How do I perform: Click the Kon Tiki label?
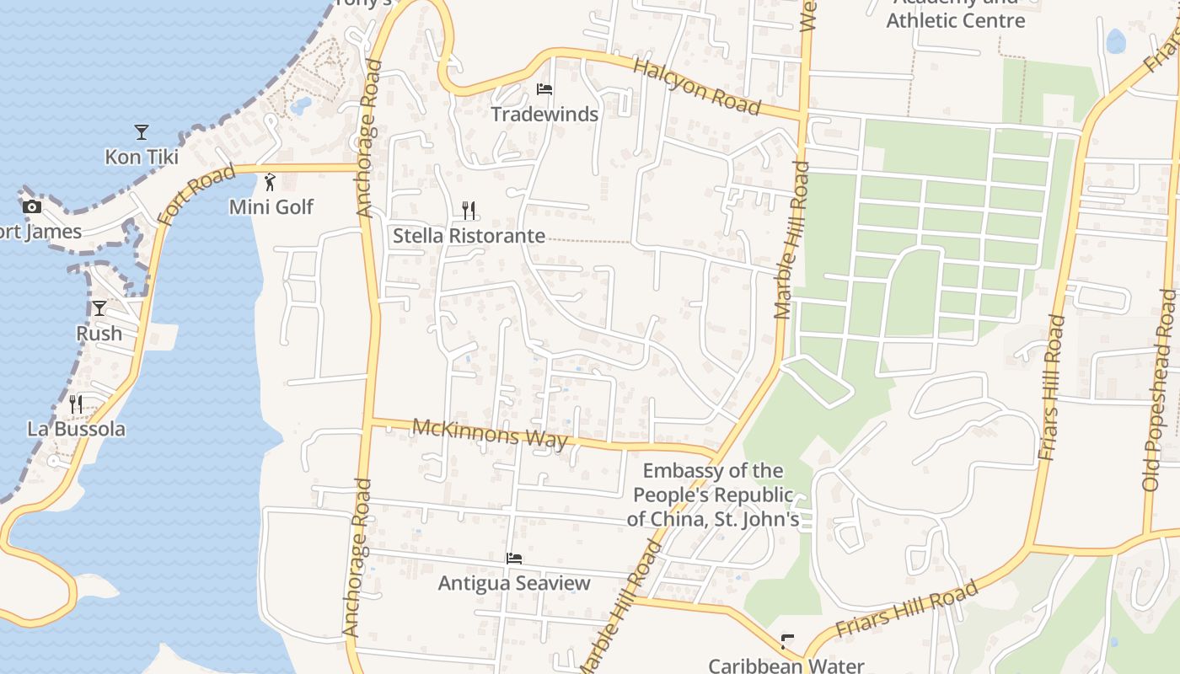point(142,157)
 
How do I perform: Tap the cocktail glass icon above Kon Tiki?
point(142,132)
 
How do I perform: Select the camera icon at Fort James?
point(32,206)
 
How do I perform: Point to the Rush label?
point(99,333)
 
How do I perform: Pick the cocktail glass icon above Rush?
point(99,308)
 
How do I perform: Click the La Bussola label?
point(76,429)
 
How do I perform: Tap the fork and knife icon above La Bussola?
point(76,404)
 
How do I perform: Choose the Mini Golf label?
point(271,206)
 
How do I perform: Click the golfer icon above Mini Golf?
point(270,182)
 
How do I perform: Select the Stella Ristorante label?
point(469,236)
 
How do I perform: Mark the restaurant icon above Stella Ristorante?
point(469,210)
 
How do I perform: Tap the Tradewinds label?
point(544,114)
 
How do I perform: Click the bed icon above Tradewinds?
point(544,89)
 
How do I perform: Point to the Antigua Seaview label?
point(514,583)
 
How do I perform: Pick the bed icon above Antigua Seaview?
point(514,559)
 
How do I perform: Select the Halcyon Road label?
point(696,87)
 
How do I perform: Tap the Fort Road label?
point(196,195)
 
